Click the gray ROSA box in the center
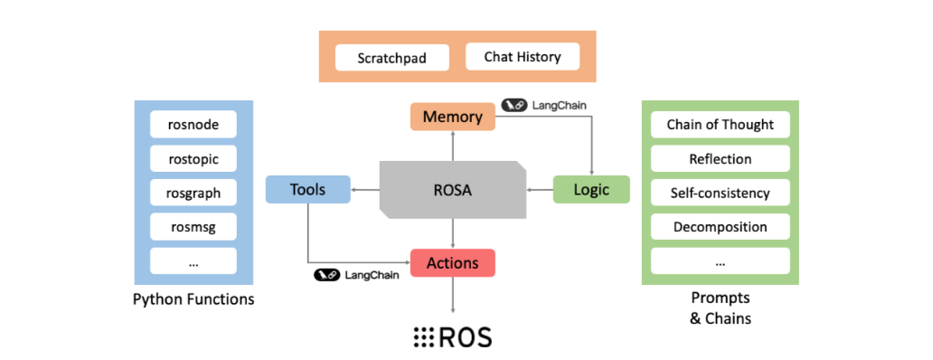click(452, 190)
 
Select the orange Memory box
click(452, 117)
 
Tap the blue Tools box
click(307, 189)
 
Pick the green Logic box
click(591, 189)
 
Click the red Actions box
click(453, 262)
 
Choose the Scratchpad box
click(392, 59)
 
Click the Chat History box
click(523, 57)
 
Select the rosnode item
click(193, 125)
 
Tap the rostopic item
click(193, 159)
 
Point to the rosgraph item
click(193, 193)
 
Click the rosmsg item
click(193, 227)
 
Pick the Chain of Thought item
click(720, 124)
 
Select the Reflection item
click(720, 158)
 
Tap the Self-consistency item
click(720, 193)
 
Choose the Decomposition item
click(720, 227)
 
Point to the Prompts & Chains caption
click(720, 308)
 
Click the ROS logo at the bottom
click(452, 336)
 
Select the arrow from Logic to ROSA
click(540, 190)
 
